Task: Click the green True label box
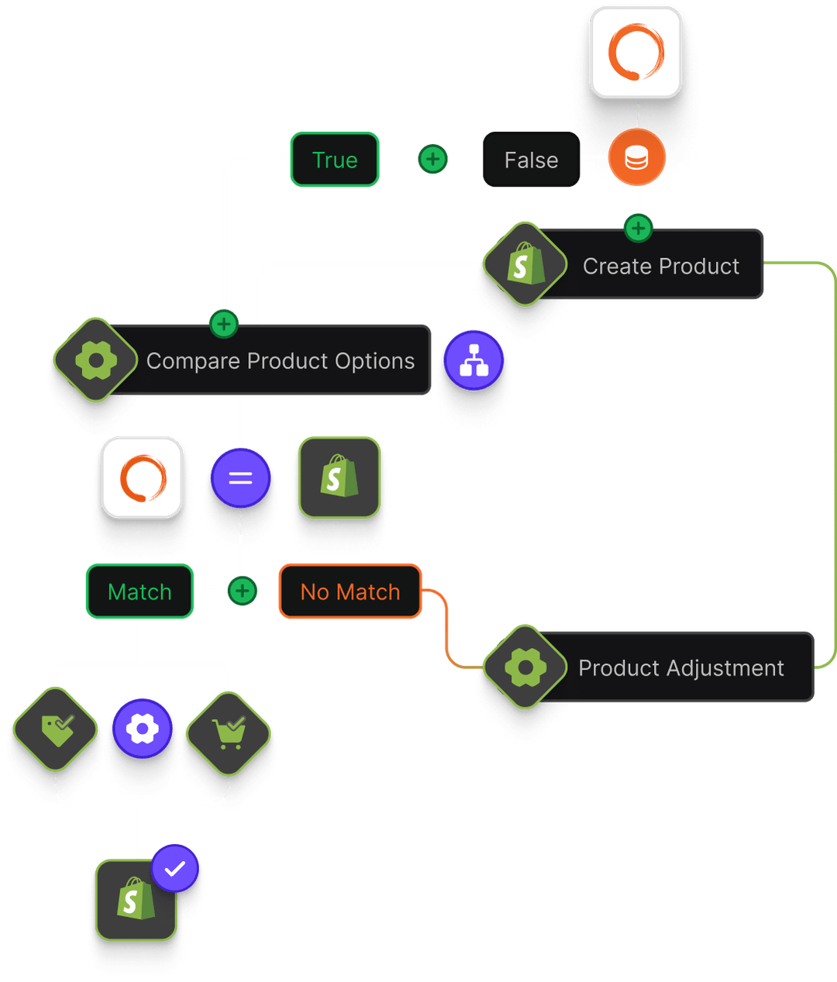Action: click(335, 160)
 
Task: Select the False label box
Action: click(531, 160)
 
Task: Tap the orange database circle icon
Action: click(636, 158)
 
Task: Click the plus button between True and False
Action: click(432, 159)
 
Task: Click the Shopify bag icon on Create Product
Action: click(525, 264)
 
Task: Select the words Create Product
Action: click(661, 266)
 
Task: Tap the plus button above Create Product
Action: click(638, 228)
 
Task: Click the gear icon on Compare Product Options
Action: click(96, 360)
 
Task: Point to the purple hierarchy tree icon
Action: click(474, 360)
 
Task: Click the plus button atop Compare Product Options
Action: click(224, 323)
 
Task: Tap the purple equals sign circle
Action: click(240, 477)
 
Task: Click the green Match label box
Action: click(139, 591)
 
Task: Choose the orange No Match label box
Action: click(350, 591)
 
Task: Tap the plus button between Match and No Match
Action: click(242, 591)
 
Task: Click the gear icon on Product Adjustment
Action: click(525, 667)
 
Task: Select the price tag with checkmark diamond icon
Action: click(56, 729)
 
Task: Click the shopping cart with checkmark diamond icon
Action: click(228, 732)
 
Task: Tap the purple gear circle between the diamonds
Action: click(142, 729)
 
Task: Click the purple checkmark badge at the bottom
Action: click(175, 869)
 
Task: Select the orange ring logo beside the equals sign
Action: click(143, 477)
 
